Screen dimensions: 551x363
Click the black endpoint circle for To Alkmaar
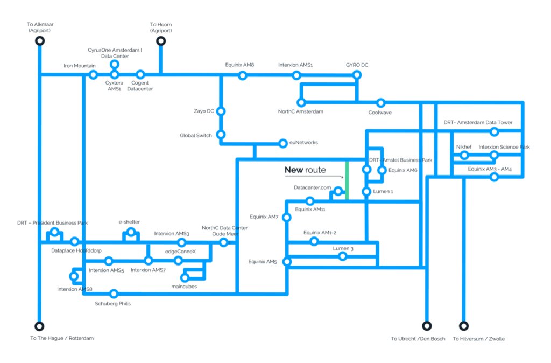[x=40, y=41]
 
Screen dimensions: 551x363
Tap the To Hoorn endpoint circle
[x=161, y=41]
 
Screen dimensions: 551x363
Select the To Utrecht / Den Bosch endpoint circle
[x=427, y=326]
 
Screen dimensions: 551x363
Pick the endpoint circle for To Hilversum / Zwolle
[x=464, y=326]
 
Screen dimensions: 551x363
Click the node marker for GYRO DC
[x=357, y=74]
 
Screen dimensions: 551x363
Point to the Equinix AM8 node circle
[x=243, y=75]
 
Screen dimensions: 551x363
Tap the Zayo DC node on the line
[x=221, y=111]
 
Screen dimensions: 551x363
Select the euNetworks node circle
[x=283, y=143]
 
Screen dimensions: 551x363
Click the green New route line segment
[x=347, y=181]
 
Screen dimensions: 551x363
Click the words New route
[x=305, y=170]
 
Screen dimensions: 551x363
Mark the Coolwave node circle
[x=380, y=103]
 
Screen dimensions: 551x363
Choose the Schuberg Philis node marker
[x=114, y=294]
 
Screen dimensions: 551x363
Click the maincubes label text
[x=184, y=287]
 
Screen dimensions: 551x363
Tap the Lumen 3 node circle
[x=343, y=256]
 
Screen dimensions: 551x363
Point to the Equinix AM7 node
[x=287, y=218]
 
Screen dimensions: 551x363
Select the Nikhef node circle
[x=464, y=155]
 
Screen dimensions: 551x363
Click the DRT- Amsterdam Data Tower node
[x=495, y=131]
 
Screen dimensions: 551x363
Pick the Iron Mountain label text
[x=80, y=66]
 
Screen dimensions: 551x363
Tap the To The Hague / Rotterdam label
[x=62, y=338]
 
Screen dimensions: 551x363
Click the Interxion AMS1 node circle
[x=296, y=75]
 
